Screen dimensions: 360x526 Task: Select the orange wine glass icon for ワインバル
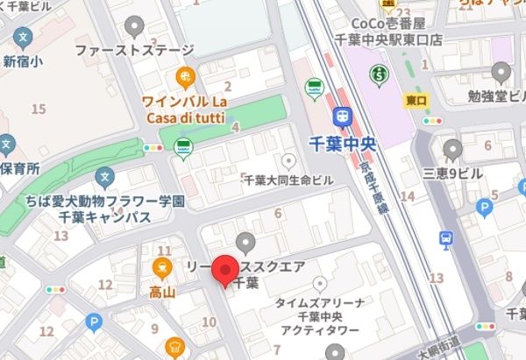pyautogui.click(x=185, y=76)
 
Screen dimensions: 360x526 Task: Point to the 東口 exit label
pyautogui.click(x=416, y=101)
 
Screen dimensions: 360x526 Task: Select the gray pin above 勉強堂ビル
pyautogui.click(x=501, y=72)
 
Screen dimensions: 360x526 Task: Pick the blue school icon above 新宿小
pyautogui.click(x=23, y=39)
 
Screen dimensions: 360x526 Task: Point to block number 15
pyautogui.click(x=37, y=109)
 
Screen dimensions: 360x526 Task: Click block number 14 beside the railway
pyautogui.click(x=407, y=195)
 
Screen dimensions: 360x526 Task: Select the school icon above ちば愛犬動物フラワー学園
pyautogui.click(x=105, y=178)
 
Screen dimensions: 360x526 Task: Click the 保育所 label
pyautogui.click(x=19, y=166)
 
